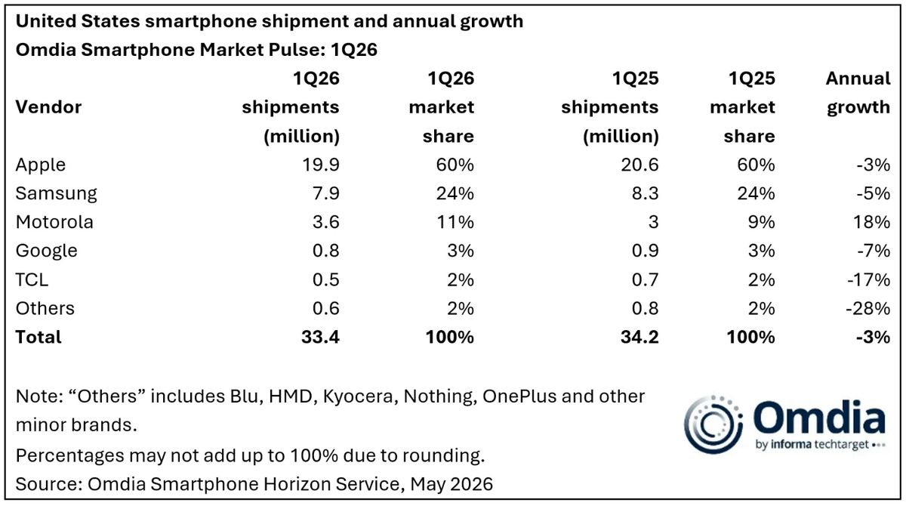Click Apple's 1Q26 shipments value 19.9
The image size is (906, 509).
pyautogui.click(x=320, y=165)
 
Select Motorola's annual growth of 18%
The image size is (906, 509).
pyautogui.click(x=871, y=222)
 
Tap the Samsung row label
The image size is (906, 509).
pyautogui.click(x=56, y=194)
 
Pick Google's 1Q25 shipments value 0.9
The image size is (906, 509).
pyautogui.click(x=645, y=251)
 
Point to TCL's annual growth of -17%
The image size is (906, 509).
pyautogui.click(x=869, y=279)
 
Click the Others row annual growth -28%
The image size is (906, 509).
pyautogui.click(x=868, y=308)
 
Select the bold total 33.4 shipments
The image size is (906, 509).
pyautogui.click(x=320, y=337)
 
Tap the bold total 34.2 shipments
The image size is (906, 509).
pyautogui.click(x=639, y=337)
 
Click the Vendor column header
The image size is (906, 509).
pyautogui.click(x=48, y=107)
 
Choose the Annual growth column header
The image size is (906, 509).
pyautogui.click(x=858, y=93)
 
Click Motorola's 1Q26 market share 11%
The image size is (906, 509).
pyautogui.click(x=455, y=222)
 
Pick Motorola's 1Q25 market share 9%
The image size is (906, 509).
pyautogui.click(x=761, y=222)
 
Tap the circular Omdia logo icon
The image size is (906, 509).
pyautogui.click(x=713, y=424)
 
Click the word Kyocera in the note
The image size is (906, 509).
pyautogui.click(x=358, y=396)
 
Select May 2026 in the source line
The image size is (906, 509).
pyautogui.click(x=451, y=484)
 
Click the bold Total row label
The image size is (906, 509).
pyautogui.click(x=39, y=337)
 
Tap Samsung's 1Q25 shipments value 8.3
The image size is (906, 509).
pyautogui.click(x=645, y=193)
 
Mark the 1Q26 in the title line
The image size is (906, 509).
pyautogui.click(x=354, y=50)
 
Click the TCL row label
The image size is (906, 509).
pyautogui.click(x=32, y=279)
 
